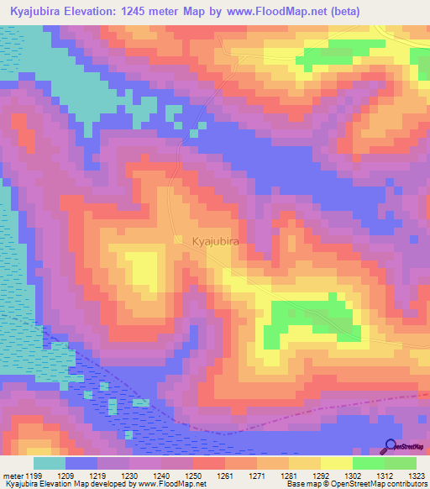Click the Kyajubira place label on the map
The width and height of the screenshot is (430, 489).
(x=216, y=241)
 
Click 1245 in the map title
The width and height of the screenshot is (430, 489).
(x=160, y=11)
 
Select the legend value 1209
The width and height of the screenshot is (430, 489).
(x=81, y=476)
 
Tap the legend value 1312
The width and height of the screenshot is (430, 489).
(x=385, y=476)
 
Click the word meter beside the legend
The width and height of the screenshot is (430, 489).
(x=12, y=476)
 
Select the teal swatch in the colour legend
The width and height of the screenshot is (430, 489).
(x=49, y=463)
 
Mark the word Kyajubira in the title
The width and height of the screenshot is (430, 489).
(x=38, y=11)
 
